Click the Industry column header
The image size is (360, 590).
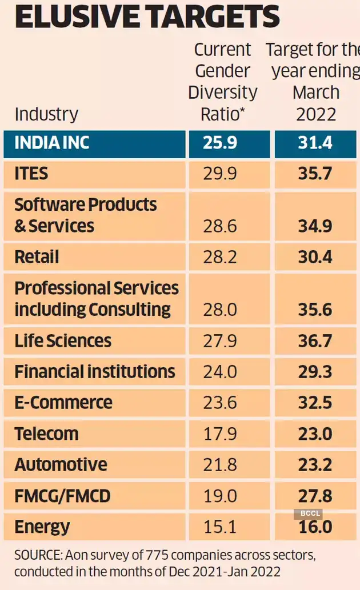(x=46, y=114)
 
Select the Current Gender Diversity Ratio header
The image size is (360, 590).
(x=223, y=82)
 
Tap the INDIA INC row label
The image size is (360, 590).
(x=52, y=143)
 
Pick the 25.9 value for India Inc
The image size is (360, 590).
(x=220, y=143)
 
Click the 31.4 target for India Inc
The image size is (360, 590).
(x=315, y=143)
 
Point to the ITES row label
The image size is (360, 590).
(x=31, y=174)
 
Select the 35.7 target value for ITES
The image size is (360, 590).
(x=315, y=174)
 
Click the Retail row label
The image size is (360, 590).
(x=37, y=257)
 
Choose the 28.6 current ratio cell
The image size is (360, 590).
(x=220, y=226)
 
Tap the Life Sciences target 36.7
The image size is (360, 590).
(x=315, y=341)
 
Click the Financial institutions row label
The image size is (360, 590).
(x=95, y=372)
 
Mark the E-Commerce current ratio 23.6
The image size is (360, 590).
(x=220, y=403)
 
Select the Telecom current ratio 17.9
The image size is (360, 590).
(x=220, y=434)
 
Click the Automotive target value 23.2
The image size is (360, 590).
(x=315, y=464)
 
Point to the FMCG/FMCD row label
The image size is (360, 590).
(x=62, y=495)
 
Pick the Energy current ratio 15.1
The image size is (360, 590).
(x=220, y=527)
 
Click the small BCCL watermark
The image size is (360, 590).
(x=307, y=513)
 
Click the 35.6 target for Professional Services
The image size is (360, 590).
(x=315, y=310)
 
